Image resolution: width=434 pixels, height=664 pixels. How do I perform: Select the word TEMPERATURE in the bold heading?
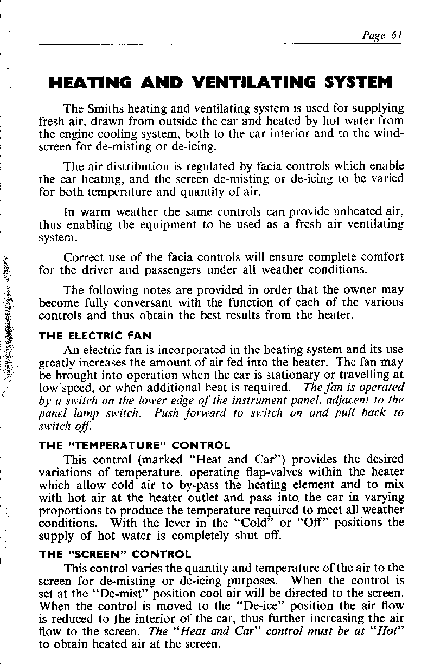pyautogui.click(x=124, y=446)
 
